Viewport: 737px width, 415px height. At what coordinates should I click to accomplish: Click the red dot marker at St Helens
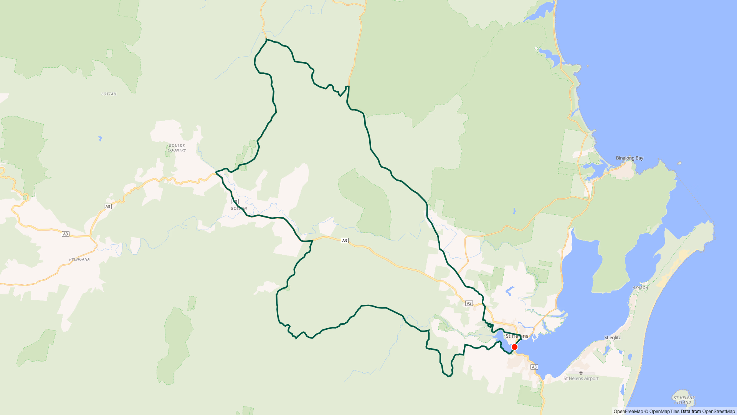click(x=515, y=347)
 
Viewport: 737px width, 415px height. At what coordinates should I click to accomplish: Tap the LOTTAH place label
click(x=109, y=94)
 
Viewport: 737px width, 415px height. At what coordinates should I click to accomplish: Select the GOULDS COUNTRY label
click(x=177, y=148)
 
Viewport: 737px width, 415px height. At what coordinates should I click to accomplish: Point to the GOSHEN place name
click(x=239, y=208)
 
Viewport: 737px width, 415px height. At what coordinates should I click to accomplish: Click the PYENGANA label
click(x=79, y=259)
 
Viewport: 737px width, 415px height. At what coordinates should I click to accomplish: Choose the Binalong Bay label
click(x=630, y=158)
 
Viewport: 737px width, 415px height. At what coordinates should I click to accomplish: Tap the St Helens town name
click(x=517, y=336)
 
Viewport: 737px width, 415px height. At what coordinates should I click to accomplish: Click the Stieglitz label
click(x=612, y=338)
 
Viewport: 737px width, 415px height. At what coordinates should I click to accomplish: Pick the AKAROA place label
click(x=640, y=288)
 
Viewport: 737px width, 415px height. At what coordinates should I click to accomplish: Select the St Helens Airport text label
click(x=581, y=378)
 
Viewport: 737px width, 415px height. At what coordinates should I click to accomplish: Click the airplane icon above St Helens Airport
click(x=581, y=373)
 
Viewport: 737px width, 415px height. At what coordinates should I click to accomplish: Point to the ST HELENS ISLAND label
click(x=684, y=400)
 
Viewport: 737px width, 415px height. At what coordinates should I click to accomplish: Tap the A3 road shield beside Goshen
click(x=235, y=201)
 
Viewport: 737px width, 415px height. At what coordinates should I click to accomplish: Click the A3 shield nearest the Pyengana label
click(x=66, y=234)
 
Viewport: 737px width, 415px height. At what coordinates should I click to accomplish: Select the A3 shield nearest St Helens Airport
click(x=534, y=367)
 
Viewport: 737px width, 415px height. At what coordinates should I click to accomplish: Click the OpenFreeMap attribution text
click(x=628, y=412)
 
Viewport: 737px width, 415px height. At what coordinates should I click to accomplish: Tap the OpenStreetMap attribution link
click(x=718, y=412)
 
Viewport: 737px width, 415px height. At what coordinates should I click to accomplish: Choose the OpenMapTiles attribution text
click(x=664, y=412)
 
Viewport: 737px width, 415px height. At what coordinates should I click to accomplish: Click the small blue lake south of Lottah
click(x=100, y=138)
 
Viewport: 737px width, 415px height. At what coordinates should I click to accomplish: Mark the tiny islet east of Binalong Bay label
click(x=680, y=163)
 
